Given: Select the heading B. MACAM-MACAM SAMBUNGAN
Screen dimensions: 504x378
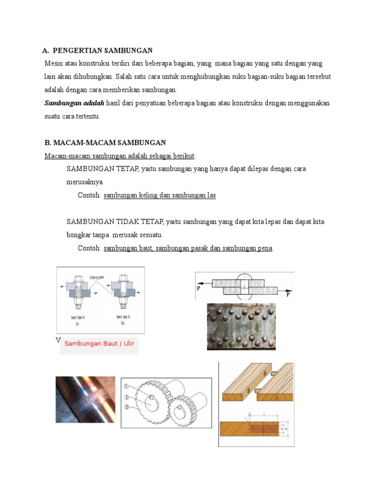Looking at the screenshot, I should tap(105, 143).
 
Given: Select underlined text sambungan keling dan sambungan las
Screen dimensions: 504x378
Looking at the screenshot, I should tap(160, 195).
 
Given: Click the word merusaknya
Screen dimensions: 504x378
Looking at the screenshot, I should tap(85, 182).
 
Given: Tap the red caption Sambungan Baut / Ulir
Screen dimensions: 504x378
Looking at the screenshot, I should tap(99, 343).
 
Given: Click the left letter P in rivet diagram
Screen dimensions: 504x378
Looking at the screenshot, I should tap(199, 289).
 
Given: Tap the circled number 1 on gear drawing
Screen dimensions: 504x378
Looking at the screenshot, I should tap(126, 386).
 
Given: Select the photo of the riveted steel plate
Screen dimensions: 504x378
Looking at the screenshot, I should tap(241, 326).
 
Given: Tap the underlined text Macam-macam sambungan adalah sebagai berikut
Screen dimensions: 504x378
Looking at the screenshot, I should tap(120, 156).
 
